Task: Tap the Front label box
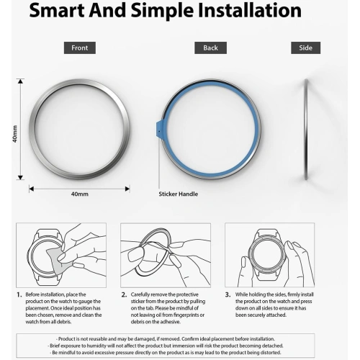pos(79,48)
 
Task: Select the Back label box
pos(210,48)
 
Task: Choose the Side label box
pos(305,48)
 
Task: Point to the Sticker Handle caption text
pos(178,194)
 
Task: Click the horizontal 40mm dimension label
pos(79,194)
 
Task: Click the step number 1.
pos(19,294)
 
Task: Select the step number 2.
pos(124,294)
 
